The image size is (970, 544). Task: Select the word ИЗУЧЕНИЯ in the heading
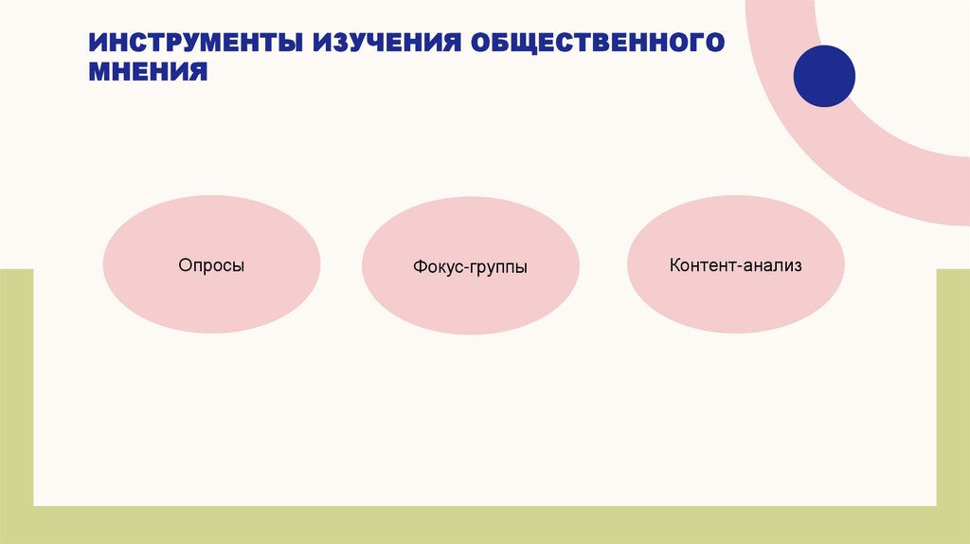[x=384, y=44]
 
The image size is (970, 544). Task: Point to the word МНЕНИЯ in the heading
[x=149, y=72]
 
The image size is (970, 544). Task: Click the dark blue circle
[x=824, y=76]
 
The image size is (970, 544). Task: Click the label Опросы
[x=211, y=266]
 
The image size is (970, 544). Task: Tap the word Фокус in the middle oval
[x=437, y=268]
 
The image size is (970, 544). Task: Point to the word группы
[x=498, y=269]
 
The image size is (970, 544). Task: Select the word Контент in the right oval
[x=702, y=266]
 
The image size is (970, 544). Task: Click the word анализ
[x=772, y=266]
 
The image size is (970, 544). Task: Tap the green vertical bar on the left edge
[x=16, y=398]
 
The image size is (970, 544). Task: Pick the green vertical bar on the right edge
[x=953, y=398]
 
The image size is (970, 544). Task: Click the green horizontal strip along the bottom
[x=485, y=525]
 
